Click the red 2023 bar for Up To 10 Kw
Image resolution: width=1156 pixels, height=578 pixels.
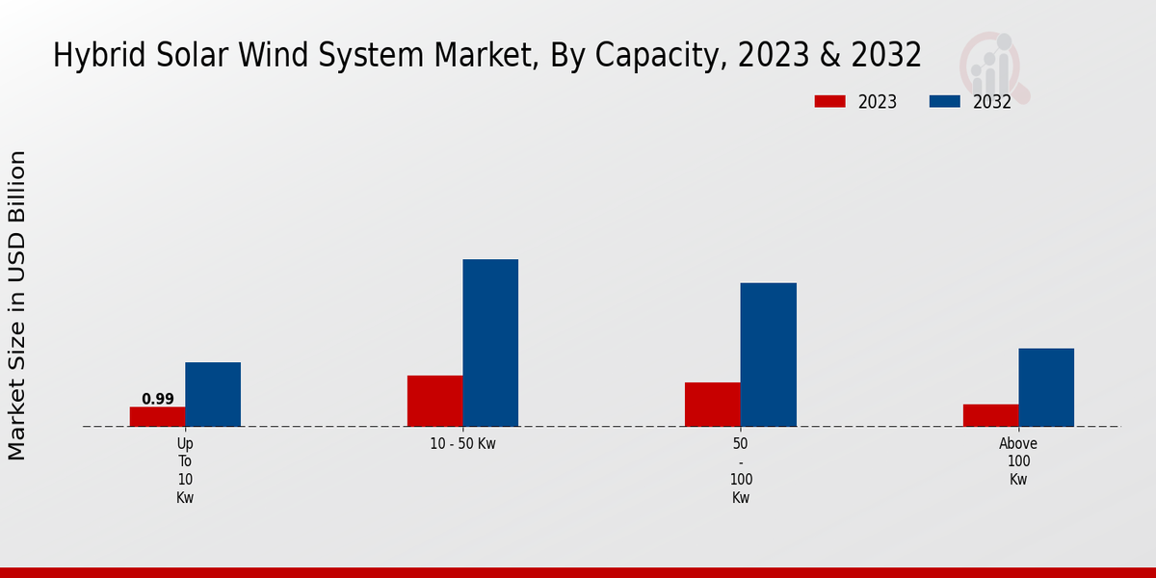pos(157,416)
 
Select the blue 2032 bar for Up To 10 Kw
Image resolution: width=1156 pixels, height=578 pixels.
pos(213,394)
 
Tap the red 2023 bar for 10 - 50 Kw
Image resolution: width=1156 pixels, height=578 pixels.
pos(434,401)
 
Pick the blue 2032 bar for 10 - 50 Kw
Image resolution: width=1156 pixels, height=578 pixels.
pos(490,343)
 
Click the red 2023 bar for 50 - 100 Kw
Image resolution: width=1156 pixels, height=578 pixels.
pos(712,405)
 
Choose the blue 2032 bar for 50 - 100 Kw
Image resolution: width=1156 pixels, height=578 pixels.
pos(768,355)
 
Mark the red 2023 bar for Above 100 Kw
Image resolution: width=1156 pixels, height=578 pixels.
pos(990,415)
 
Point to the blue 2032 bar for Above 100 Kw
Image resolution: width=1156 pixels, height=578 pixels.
pos(1046,387)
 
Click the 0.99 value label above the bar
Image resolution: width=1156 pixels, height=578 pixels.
pos(157,399)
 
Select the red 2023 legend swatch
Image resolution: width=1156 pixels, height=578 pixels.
pos(829,101)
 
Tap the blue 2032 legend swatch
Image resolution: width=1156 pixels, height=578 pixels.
pos(945,101)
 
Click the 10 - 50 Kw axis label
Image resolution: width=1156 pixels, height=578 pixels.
pos(462,444)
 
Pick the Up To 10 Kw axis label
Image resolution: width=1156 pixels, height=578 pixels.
pos(185,470)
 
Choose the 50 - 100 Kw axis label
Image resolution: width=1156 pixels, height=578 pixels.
pos(741,470)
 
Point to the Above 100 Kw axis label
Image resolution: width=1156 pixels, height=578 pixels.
pos(1018,461)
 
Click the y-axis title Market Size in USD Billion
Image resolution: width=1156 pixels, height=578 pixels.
pos(17,304)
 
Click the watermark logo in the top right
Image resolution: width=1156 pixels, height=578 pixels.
pos(993,66)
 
